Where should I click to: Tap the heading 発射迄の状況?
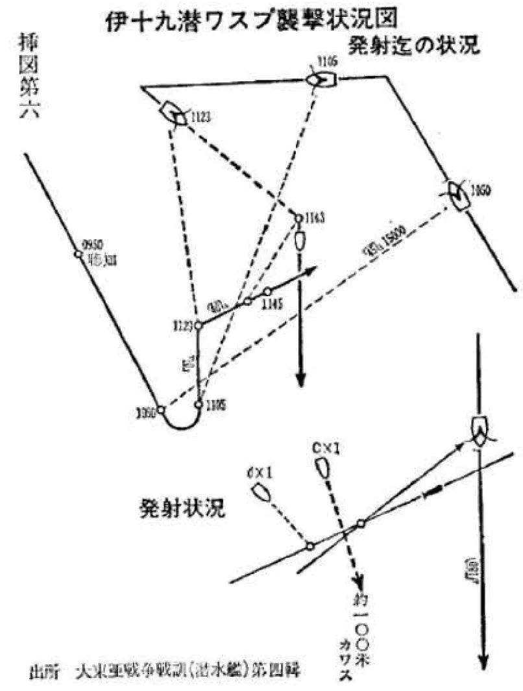point(415,47)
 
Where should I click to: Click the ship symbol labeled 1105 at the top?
point(320,79)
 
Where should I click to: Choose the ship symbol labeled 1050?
point(458,193)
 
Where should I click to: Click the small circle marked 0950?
point(78,254)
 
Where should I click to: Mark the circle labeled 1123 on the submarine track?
point(199,324)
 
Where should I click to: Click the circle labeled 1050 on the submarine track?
point(162,410)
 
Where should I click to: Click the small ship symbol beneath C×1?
point(321,469)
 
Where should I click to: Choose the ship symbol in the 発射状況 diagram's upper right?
point(479,429)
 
